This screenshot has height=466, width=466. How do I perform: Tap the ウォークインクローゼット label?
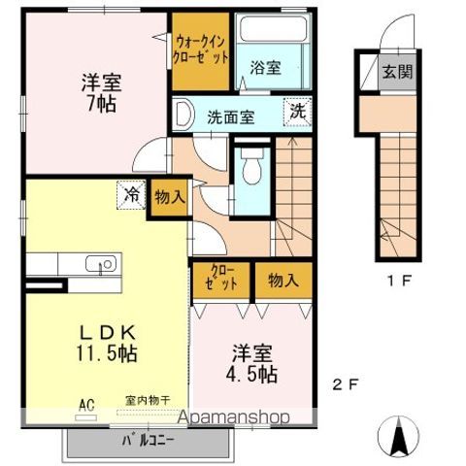202,49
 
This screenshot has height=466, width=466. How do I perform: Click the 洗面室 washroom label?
229,116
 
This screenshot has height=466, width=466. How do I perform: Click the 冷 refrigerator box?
130,193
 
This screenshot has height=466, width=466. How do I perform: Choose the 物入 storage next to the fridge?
169,197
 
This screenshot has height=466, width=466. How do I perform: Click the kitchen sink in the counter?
99,264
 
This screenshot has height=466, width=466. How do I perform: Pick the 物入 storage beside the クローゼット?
283,281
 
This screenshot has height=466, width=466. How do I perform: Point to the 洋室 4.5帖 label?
254,363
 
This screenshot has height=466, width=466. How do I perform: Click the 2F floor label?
346,383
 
